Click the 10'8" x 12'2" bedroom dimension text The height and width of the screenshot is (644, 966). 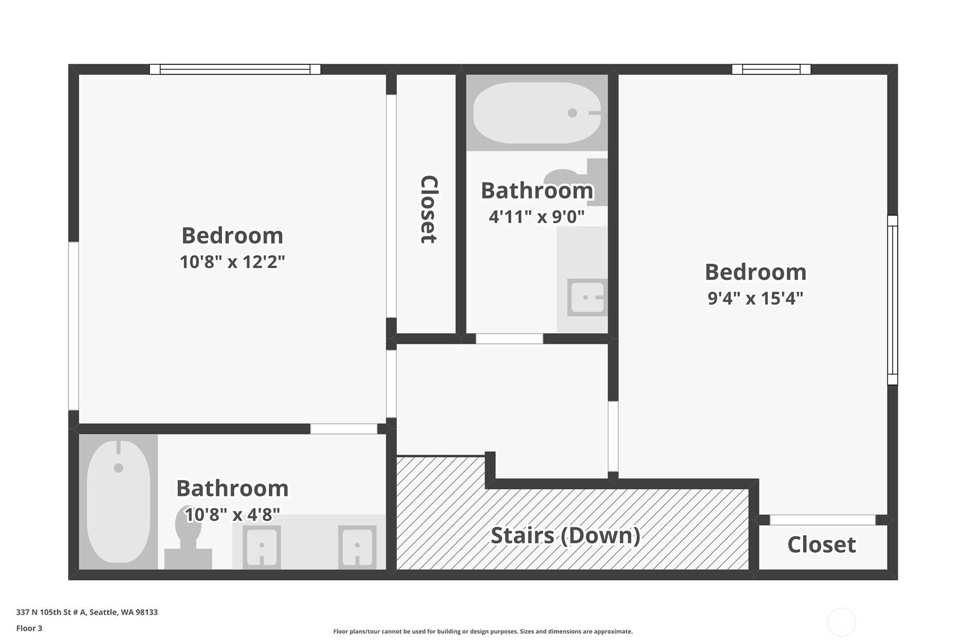click(232, 262)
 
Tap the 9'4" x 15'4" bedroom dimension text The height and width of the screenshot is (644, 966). click(755, 298)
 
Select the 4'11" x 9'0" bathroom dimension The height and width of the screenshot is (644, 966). click(536, 216)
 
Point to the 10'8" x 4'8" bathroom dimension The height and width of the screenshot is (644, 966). click(232, 514)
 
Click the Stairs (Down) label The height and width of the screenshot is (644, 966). click(565, 536)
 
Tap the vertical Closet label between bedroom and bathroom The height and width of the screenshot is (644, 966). click(429, 209)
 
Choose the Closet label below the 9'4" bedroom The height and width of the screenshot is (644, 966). click(821, 544)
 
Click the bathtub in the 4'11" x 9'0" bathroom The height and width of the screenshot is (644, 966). click(537, 113)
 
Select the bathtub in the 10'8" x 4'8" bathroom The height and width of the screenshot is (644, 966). click(118, 501)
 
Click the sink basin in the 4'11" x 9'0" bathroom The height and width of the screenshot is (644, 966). click(587, 297)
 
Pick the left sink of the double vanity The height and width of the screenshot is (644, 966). click(262, 547)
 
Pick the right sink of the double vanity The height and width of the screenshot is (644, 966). click(357, 547)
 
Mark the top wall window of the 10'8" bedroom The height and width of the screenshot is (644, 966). click(235, 69)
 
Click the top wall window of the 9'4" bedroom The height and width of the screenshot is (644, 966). click(771, 69)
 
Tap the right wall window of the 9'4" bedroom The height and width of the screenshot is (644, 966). click(893, 300)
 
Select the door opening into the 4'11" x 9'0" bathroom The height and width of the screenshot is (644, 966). click(509, 339)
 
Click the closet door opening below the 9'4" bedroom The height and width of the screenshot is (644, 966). click(823, 520)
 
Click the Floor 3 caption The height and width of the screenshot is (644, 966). click(30, 628)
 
